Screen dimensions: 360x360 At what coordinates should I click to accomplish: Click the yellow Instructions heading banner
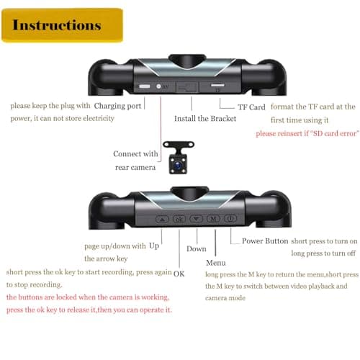coord(62,25)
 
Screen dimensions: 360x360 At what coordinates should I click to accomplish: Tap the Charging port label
coord(117,106)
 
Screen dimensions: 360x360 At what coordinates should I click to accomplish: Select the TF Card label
coord(251,107)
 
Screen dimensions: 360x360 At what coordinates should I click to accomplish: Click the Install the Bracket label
coord(205,119)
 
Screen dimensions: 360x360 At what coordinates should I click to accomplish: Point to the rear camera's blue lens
coord(178,165)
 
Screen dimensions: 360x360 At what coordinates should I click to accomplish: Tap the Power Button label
coord(265,240)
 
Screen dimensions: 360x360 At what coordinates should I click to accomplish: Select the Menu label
coord(216,263)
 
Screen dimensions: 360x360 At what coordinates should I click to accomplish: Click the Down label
coord(197,249)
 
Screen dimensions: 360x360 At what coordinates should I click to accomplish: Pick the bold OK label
coord(179,274)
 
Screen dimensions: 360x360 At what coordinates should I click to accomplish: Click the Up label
coord(154,246)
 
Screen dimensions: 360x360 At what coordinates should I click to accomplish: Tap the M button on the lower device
coord(213,218)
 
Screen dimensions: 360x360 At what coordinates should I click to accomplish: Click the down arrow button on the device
coord(197,219)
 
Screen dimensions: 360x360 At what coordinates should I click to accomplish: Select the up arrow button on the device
coord(162,219)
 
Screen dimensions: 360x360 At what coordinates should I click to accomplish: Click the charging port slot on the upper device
coord(145,86)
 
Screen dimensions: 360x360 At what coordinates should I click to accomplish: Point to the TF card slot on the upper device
coord(217,85)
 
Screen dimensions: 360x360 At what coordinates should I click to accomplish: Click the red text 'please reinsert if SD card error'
coord(307,133)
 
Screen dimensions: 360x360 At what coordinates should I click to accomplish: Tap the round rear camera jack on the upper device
coord(158,86)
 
